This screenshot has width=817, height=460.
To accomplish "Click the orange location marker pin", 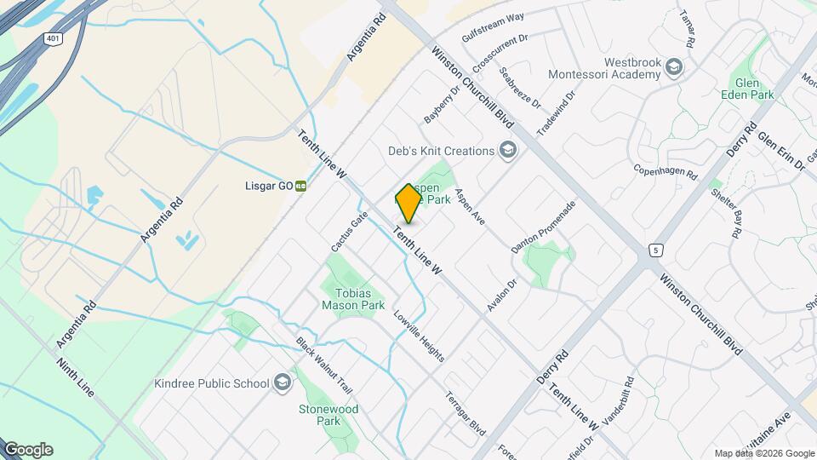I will coord(408,204).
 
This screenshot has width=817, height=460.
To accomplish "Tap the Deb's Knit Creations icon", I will coord(508,152).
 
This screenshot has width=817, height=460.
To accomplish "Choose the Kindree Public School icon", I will coord(283,383).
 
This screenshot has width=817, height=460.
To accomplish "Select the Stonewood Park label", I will coord(328,415).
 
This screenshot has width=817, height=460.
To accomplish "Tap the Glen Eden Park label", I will coord(746,89).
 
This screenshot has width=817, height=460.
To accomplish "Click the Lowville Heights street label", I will coord(419,335).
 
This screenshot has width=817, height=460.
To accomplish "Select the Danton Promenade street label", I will coord(544,227).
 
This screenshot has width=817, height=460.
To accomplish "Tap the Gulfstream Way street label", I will coord(493,29).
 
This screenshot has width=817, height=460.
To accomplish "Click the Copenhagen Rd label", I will coord(666,170).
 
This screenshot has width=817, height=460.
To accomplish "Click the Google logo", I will coord(28,450).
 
